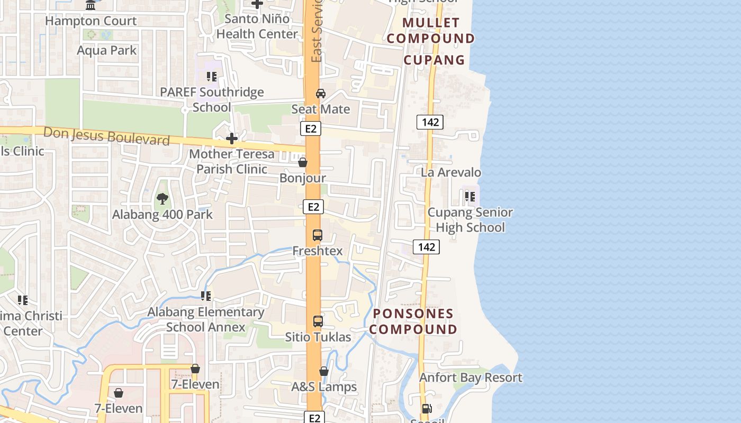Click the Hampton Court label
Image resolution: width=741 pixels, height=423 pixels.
pos(91,21)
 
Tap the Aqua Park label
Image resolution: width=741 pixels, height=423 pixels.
pos(106,50)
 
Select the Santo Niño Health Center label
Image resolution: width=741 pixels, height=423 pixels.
pos(257,26)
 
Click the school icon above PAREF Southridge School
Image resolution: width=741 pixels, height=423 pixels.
pos(212,77)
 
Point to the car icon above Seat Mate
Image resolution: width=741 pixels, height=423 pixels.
pos(320,94)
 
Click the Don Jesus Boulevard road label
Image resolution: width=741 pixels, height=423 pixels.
pos(106,135)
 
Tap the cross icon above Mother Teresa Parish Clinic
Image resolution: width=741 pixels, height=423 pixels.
pos(231,139)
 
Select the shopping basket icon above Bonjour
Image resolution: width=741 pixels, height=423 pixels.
pos(303,162)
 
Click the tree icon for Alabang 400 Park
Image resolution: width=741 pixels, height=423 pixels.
pos(162,199)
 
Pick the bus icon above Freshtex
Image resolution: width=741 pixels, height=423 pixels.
pos(318,235)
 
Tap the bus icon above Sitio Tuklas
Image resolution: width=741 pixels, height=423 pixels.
pos(318,321)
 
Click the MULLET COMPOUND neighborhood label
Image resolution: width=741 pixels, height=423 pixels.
pos(430,31)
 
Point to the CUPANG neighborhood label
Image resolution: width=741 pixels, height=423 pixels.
pos(434,60)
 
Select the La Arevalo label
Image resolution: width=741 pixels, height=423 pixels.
pos(451,172)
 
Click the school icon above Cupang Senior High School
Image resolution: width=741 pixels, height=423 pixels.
pos(469,197)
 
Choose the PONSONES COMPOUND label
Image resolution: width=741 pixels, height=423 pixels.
pos(413,321)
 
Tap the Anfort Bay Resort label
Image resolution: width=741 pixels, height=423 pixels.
pos(471,378)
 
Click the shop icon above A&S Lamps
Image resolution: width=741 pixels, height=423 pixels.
pos(324,372)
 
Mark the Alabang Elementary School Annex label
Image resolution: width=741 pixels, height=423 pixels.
pos(205,319)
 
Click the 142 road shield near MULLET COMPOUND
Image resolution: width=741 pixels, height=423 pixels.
pos(430,122)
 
